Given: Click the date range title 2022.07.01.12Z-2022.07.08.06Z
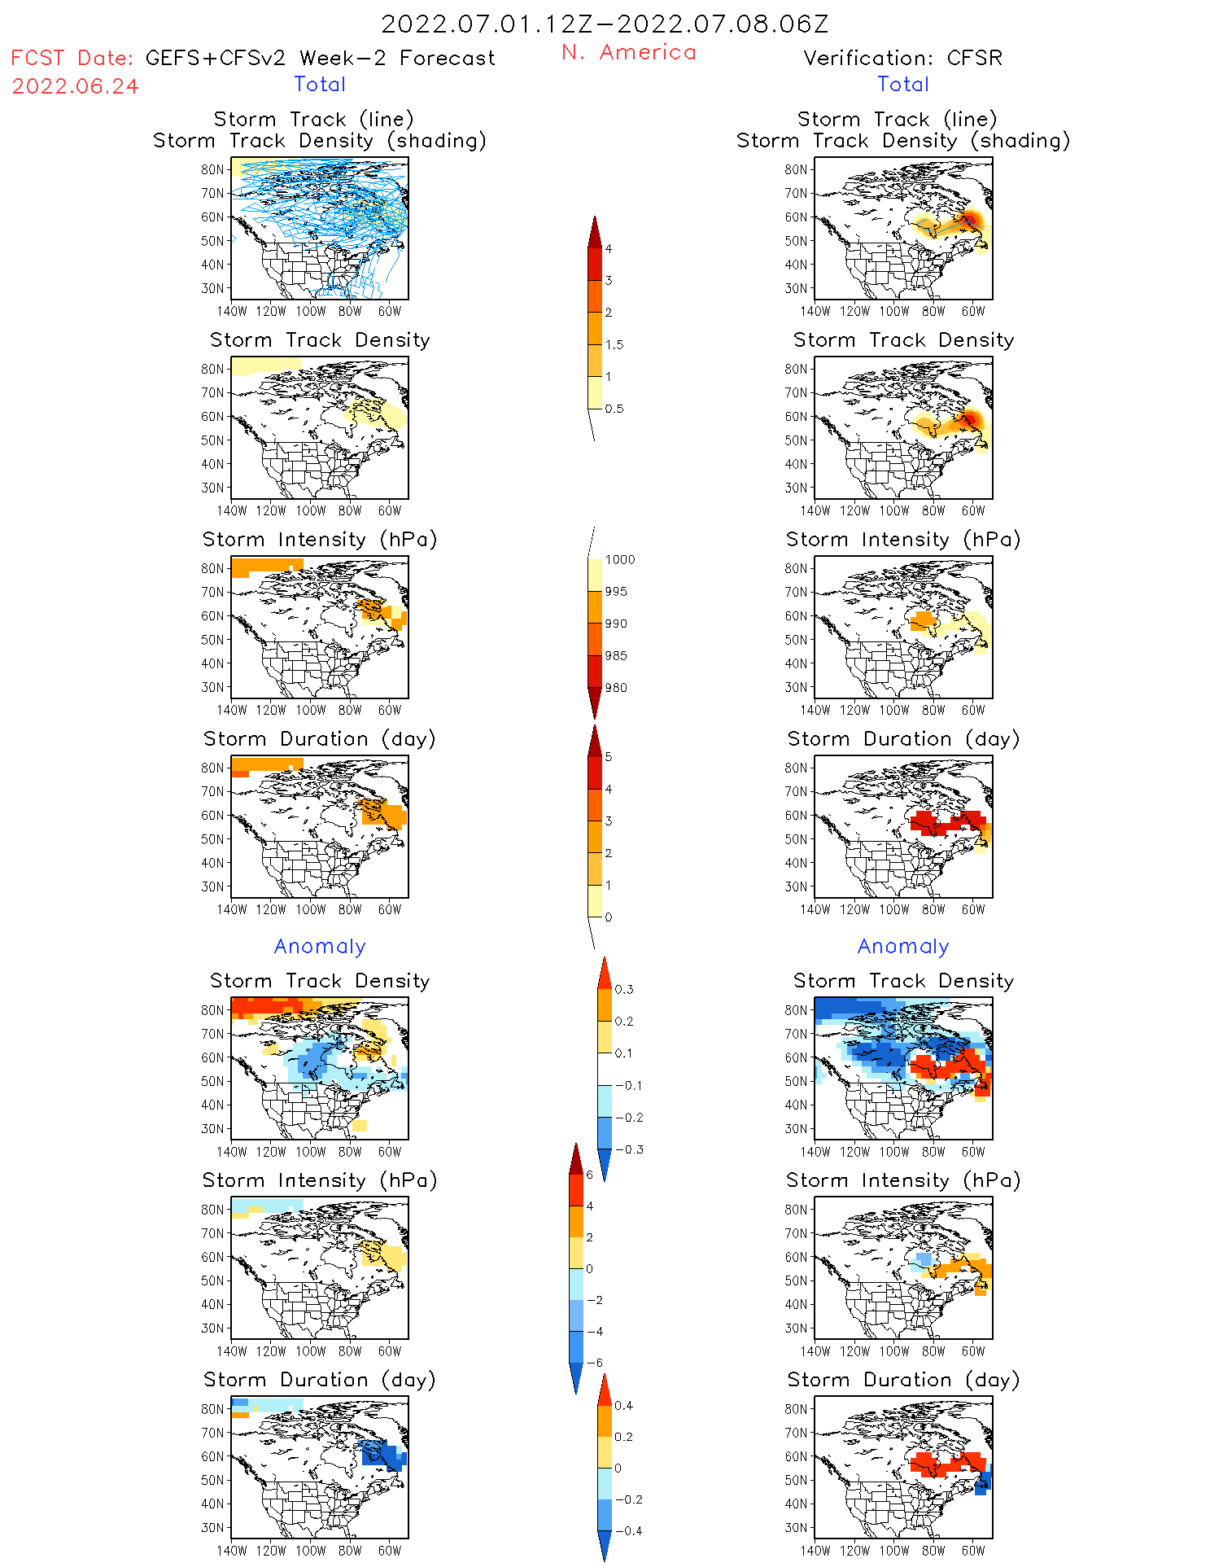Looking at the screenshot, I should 605,24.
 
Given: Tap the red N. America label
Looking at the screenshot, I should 628,53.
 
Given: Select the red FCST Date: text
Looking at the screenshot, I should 72,59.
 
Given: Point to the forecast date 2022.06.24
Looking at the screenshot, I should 75,87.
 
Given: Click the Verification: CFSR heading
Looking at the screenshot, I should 902,59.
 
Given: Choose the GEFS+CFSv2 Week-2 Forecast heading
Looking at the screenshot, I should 320,59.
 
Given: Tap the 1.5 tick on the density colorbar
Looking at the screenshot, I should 614,345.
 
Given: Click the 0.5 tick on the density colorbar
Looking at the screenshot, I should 614,409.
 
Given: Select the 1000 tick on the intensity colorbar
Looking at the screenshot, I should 619,560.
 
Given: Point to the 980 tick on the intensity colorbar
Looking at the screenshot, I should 616,688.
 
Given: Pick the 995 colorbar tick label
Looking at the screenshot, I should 616,592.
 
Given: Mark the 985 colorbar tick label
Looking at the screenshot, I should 616,656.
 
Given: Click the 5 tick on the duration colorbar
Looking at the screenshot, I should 609,757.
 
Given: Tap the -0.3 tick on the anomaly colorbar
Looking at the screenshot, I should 629,1150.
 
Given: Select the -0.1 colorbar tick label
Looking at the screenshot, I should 629,1086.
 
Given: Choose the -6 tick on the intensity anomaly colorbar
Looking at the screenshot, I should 595,1363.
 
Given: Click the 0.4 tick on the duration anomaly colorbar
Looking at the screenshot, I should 623,1406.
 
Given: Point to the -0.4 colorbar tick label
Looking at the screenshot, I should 628,1531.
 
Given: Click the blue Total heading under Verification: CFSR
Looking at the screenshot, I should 902,85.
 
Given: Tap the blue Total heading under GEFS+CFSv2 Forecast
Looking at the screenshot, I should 320,85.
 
